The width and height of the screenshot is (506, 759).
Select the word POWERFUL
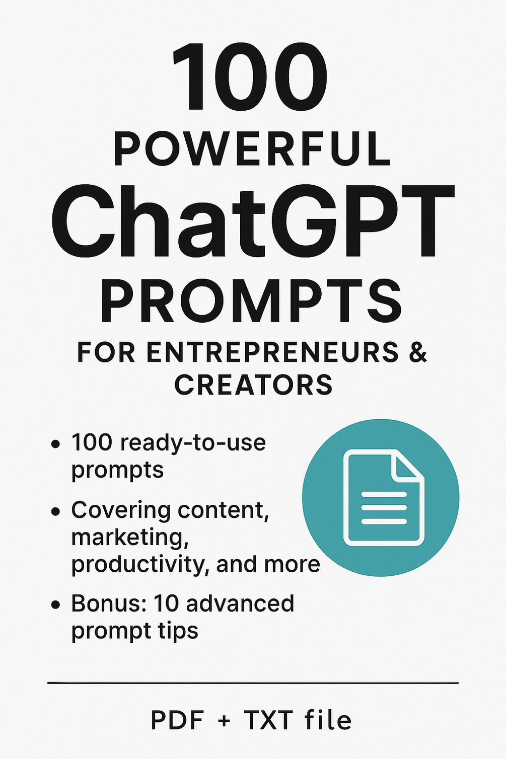[x=252, y=149]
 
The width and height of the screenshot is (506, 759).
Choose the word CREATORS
[x=253, y=385]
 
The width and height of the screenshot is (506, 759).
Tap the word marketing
[x=129, y=538]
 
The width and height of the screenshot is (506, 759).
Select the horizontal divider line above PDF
[x=253, y=683]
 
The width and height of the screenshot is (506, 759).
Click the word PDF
[x=177, y=720]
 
